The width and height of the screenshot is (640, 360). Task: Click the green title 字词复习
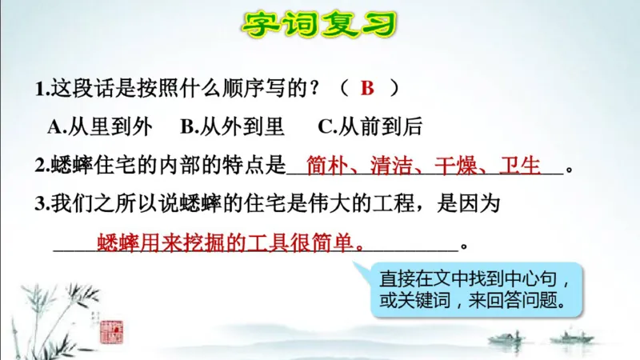pyautogui.click(x=319, y=25)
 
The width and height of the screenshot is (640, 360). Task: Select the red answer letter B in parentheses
pyautogui.click(x=367, y=89)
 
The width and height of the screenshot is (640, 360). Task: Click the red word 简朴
pyautogui.click(x=322, y=166)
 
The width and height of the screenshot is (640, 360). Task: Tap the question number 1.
pyautogui.click(x=40, y=90)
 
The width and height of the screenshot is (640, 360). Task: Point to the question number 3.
pyautogui.click(x=40, y=205)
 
